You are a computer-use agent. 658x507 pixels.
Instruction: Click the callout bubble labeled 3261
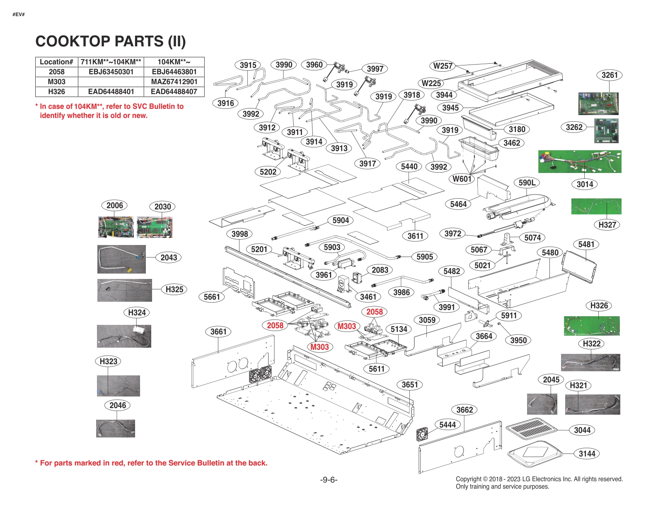(x=610, y=75)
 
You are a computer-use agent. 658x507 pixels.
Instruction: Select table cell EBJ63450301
(x=111, y=72)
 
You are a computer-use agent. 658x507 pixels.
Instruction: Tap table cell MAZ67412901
(x=174, y=82)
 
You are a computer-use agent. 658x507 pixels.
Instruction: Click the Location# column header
(x=56, y=62)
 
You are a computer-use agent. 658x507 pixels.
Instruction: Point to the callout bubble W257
(x=443, y=66)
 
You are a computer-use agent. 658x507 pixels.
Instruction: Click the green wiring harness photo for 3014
(x=579, y=161)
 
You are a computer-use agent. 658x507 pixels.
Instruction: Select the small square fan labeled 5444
(x=422, y=434)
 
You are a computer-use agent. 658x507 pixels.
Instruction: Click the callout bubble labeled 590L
(x=527, y=183)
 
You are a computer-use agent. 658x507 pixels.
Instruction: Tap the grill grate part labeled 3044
(x=531, y=429)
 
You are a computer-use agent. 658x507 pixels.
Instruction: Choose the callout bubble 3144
(x=587, y=454)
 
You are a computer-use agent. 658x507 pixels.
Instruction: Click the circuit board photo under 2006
(x=116, y=227)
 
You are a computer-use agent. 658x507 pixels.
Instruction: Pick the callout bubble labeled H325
(x=174, y=289)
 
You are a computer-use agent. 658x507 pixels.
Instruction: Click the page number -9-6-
(x=329, y=480)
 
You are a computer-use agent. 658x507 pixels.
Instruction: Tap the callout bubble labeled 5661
(x=212, y=297)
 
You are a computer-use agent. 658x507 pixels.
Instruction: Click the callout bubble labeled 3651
(x=410, y=384)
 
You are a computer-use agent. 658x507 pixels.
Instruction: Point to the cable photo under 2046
(x=116, y=428)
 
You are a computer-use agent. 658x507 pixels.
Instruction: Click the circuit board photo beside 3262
(x=606, y=130)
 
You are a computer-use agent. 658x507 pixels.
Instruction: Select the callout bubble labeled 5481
(x=586, y=244)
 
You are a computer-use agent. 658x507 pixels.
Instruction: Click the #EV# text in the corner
(x=19, y=14)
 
